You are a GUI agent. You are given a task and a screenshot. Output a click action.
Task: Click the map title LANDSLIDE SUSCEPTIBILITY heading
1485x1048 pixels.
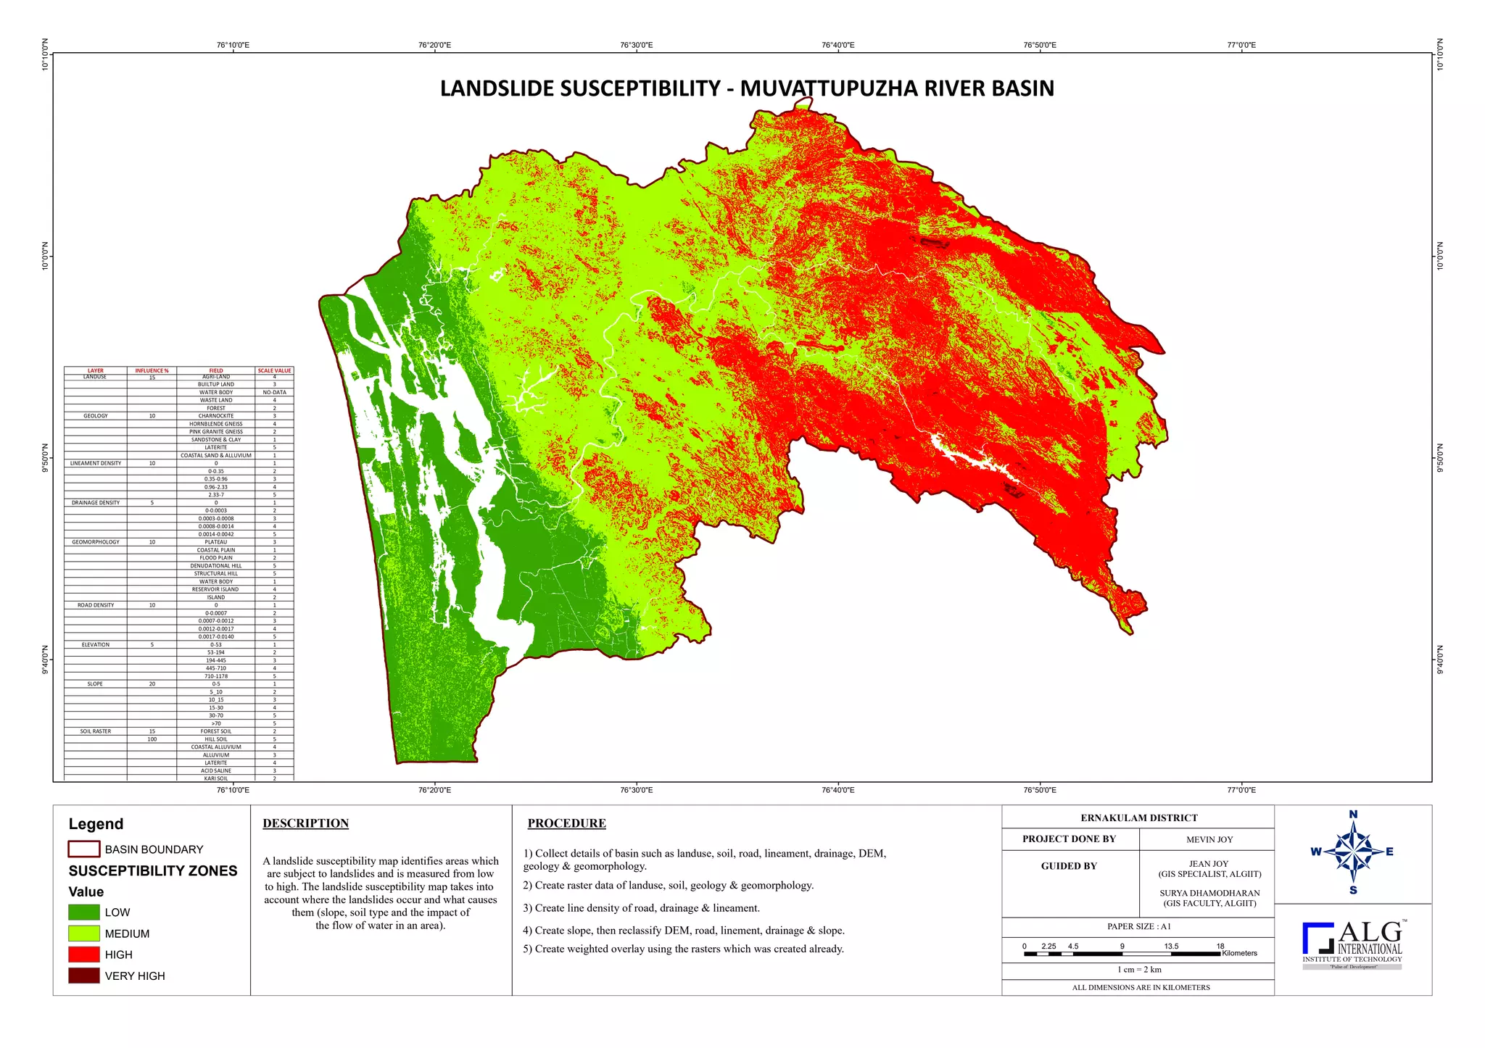tap(747, 88)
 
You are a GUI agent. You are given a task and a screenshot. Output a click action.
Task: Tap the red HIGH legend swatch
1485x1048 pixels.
tap(84, 955)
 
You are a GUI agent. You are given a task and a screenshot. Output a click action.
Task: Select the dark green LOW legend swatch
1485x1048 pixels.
tap(84, 912)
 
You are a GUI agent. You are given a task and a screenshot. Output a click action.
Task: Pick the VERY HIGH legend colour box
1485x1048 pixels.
tap(84, 976)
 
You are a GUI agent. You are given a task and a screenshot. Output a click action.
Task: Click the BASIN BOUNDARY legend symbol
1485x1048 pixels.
tap(84, 849)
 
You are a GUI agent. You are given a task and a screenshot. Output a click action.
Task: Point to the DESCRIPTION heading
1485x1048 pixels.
tap(305, 823)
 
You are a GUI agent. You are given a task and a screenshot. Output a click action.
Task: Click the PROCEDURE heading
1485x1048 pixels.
tap(566, 823)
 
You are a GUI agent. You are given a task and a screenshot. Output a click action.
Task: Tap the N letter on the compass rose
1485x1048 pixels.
tap(1353, 815)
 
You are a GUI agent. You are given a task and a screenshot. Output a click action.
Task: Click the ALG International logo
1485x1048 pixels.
tap(1352, 944)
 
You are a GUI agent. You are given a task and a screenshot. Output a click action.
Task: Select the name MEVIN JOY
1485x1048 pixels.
tap(1209, 839)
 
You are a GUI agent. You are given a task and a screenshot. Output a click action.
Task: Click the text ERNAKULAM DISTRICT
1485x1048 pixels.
tap(1138, 818)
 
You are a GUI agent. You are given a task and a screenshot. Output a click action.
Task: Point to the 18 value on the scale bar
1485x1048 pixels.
tap(1220, 946)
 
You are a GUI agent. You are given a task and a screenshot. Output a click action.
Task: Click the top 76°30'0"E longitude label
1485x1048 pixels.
tap(636, 45)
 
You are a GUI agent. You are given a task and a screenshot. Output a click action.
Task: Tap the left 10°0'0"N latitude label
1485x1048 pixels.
tap(45, 256)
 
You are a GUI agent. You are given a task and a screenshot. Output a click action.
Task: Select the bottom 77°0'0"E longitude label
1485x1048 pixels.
tap(1241, 790)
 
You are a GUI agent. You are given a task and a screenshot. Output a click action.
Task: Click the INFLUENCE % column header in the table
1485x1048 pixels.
tap(152, 370)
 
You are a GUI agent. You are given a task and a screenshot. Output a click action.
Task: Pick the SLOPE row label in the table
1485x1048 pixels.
tap(95, 683)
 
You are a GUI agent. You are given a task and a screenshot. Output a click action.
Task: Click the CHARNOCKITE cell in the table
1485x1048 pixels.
tap(216, 416)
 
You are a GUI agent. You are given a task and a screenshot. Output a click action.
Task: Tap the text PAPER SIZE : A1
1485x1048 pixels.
tap(1138, 926)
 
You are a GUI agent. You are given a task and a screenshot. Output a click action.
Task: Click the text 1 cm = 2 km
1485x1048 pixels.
tap(1138, 970)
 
